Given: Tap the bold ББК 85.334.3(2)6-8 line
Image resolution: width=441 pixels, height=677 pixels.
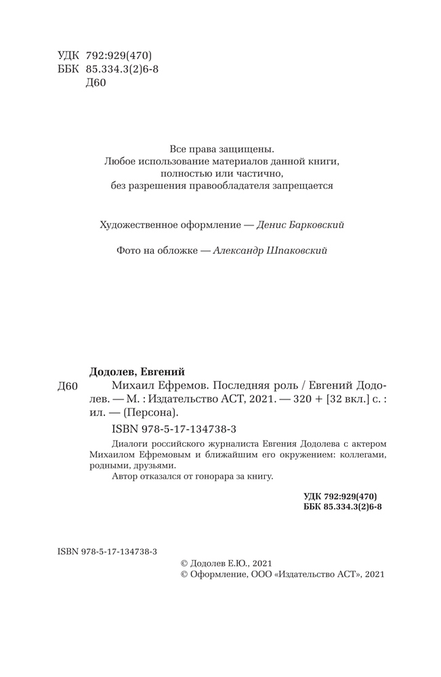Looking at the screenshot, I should pyautogui.click(x=343, y=506).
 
